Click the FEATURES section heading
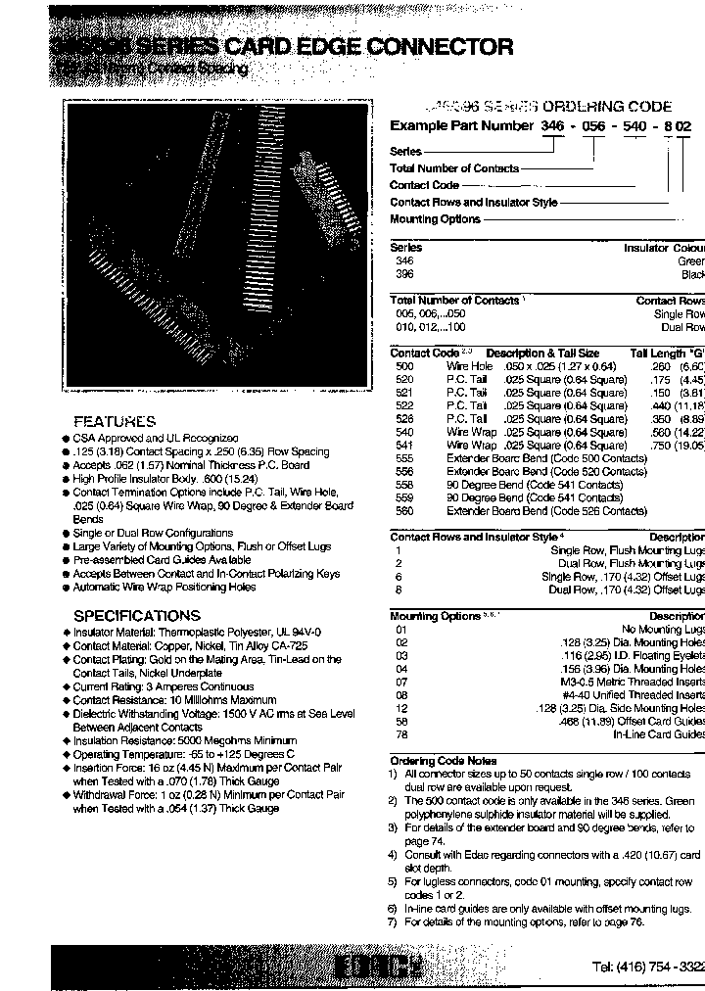click(115, 420)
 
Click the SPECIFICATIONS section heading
click(137, 615)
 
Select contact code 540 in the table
click(403, 432)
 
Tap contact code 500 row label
click(403, 366)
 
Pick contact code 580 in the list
click(403, 511)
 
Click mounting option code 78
click(401, 734)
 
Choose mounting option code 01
click(401, 630)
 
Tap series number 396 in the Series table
click(403, 275)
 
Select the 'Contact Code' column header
click(424, 353)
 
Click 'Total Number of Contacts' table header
click(454, 301)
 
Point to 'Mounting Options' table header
click(435, 616)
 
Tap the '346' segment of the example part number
click(553, 126)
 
